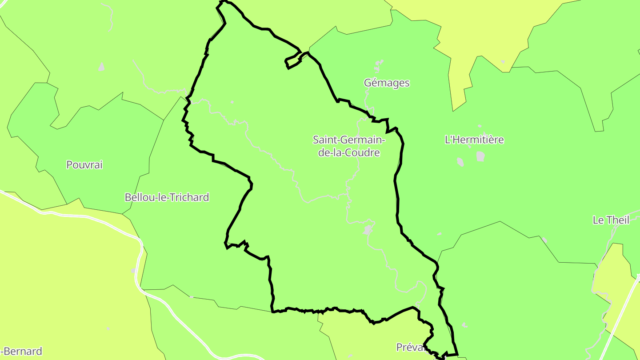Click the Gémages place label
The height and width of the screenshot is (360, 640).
pyautogui.click(x=386, y=83)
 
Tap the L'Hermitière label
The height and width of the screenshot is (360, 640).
pyautogui.click(x=474, y=140)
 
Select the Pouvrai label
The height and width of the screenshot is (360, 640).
pyautogui.click(x=84, y=164)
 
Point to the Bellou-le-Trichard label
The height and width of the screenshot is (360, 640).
pyautogui.click(x=167, y=197)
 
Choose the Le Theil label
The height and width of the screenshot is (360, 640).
pyautogui.click(x=611, y=220)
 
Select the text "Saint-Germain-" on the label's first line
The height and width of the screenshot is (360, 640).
pyautogui.click(x=349, y=140)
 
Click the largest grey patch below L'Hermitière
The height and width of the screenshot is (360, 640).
pyautogui.click(x=480, y=156)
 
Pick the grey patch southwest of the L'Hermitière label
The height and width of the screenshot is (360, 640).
pyautogui.click(x=460, y=162)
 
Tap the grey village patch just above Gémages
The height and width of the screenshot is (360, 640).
pyautogui.click(x=379, y=65)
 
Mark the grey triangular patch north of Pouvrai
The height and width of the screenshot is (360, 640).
pyautogui.click(x=102, y=67)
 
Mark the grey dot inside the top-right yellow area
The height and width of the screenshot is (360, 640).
pyautogui.click(x=503, y=62)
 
